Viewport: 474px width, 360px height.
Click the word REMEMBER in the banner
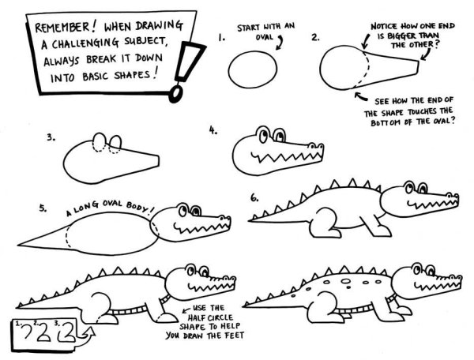click(62, 27)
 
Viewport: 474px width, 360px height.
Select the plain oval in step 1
click(253, 69)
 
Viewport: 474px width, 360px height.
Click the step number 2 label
click(315, 38)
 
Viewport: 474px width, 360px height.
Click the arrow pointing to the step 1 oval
click(280, 43)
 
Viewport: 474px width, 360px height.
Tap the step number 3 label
click(51, 137)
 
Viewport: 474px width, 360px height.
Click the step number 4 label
click(213, 130)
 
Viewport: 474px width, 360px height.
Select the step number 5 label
click(43, 208)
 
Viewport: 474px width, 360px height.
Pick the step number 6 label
click(254, 198)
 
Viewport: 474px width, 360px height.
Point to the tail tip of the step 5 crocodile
click(18, 244)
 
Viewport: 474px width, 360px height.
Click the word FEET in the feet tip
click(232, 336)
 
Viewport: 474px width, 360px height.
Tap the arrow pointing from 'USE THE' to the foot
click(186, 309)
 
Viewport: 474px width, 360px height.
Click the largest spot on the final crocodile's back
click(346, 281)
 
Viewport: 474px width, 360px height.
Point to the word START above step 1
click(248, 28)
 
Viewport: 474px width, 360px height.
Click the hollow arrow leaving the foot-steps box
click(85, 336)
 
